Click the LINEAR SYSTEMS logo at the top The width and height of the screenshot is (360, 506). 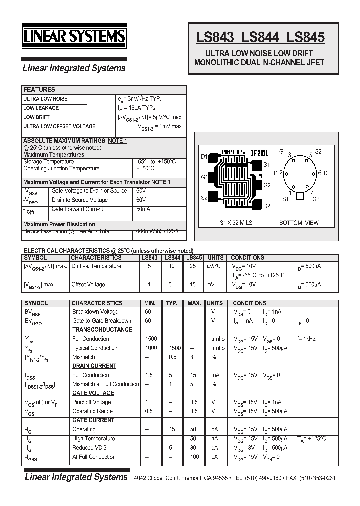pyautogui.click(x=75, y=37)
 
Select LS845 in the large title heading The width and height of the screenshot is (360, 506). pyautogui.click(x=305, y=37)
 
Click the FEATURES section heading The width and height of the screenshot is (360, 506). pyautogui.click(x=39, y=90)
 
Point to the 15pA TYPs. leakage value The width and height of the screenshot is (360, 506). pyautogui.click(x=137, y=108)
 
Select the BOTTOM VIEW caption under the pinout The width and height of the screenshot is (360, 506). pyautogui.click(x=299, y=223)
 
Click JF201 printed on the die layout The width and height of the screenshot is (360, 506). pyautogui.click(x=260, y=152)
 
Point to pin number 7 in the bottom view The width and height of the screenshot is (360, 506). pyautogui.click(x=311, y=193)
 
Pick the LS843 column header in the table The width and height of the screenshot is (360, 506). pyautogui.click(x=149, y=258)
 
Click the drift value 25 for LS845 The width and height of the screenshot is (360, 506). pyautogui.click(x=193, y=267)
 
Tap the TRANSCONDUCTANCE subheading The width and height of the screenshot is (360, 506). pyautogui.click(x=102, y=330)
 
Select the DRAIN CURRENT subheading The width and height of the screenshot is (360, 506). pyautogui.click(x=94, y=366)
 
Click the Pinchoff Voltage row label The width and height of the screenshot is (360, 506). pyautogui.click(x=91, y=402)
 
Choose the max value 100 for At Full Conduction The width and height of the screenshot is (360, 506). pyautogui.click(x=194, y=457)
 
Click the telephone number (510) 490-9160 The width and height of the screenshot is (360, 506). pyautogui.click(x=264, y=478)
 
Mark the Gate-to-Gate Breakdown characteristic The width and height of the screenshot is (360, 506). pyautogui.click(x=102, y=321)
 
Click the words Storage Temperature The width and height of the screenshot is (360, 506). pyautogui.click(x=48, y=162)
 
